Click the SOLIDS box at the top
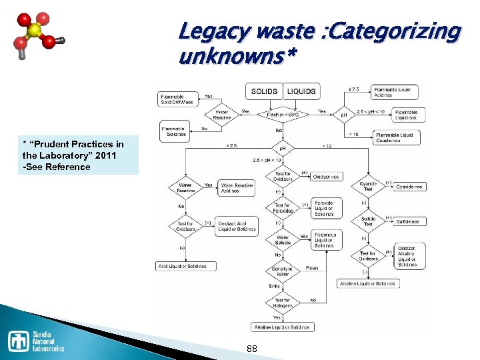click(x=264, y=91)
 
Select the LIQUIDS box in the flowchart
click(x=301, y=91)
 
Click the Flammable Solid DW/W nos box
click(x=177, y=99)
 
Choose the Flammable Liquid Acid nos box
click(x=393, y=92)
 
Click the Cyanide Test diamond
click(x=368, y=186)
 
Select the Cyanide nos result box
click(x=409, y=187)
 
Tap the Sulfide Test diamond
click(x=368, y=221)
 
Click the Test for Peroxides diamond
click(x=283, y=207)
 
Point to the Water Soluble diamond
click(x=283, y=239)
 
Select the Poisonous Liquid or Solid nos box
click(x=327, y=240)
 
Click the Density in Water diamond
click(x=282, y=271)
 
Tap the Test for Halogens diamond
click(x=283, y=303)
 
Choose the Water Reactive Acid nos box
click(x=236, y=188)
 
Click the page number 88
click(x=252, y=349)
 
